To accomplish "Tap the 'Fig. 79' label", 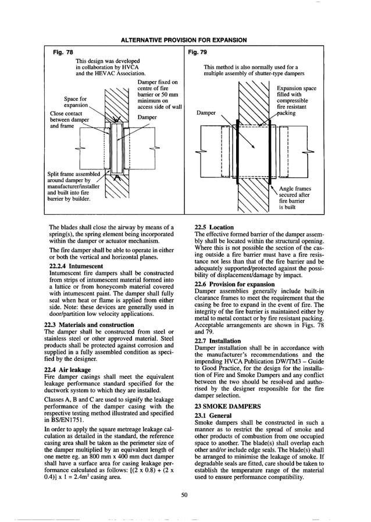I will (199, 52).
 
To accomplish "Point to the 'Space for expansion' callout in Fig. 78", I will (76, 102).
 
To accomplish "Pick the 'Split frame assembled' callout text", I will (74, 174).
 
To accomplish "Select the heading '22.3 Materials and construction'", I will (89, 325).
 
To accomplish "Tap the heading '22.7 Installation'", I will (216, 341).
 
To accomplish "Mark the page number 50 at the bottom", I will (184, 495).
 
